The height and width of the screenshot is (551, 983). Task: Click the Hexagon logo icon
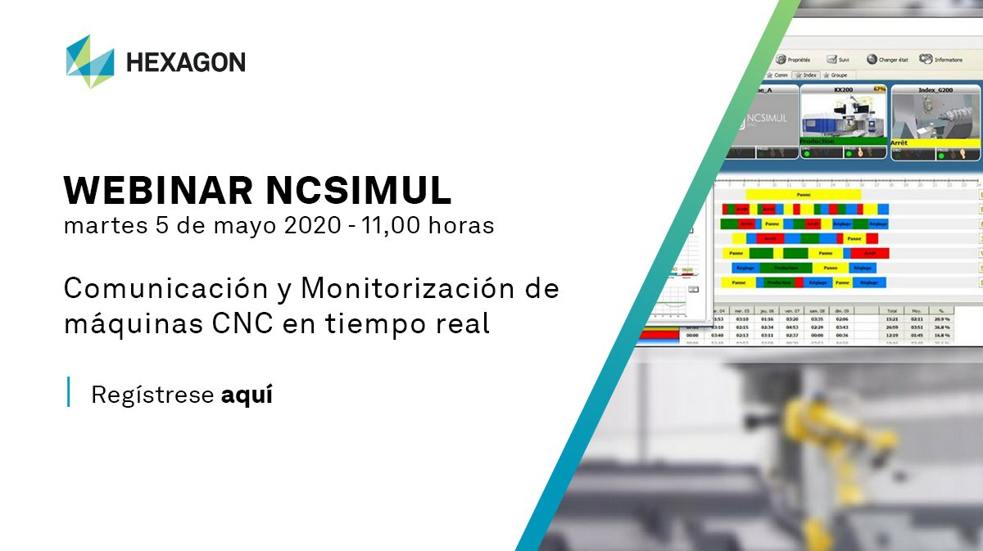tap(89, 61)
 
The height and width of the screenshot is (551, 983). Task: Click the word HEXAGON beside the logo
tap(185, 62)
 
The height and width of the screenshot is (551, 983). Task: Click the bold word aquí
tap(247, 395)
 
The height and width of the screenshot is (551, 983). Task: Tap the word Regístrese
tap(152, 395)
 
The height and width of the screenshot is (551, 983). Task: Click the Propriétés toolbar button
tap(793, 59)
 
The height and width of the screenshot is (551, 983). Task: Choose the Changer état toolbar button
tap(888, 60)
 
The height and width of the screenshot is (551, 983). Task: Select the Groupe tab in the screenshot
tap(836, 75)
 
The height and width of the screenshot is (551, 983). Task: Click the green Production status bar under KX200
tap(841, 141)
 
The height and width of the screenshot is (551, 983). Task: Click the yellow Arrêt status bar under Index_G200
tap(935, 142)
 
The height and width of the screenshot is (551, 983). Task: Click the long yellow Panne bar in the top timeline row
tap(803, 195)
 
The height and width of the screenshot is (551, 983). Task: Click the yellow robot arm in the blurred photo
tap(827, 442)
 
